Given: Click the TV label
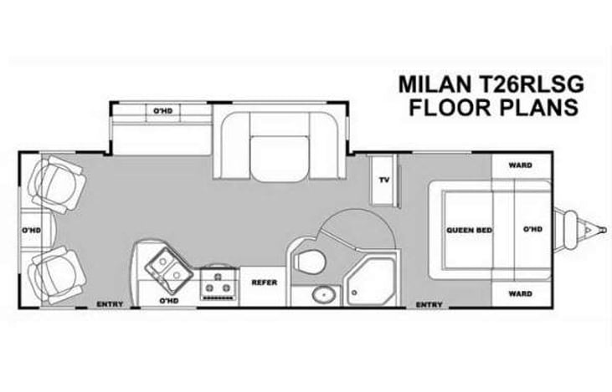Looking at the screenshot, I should click(x=384, y=180).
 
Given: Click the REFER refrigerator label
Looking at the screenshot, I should click(x=265, y=283).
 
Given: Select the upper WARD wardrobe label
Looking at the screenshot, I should click(x=520, y=165).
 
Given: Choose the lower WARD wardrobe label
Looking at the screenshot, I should click(x=520, y=294).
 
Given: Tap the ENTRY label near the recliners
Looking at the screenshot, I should click(x=111, y=303).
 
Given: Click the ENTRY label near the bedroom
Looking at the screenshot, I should click(x=429, y=305).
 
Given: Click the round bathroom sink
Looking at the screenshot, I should click(x=321, y=294).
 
